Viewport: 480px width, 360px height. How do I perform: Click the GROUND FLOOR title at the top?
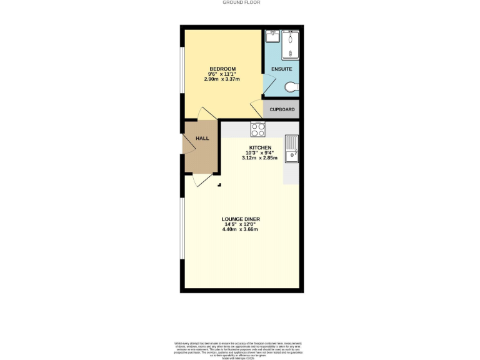[241, 2]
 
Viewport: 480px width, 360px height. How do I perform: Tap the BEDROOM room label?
[223, 69]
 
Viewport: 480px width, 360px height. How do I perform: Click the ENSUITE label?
[281, 69]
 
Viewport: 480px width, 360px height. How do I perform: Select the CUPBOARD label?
[282, 109]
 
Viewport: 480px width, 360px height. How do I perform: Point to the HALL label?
[202, 138]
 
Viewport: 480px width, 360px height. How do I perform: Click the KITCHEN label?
[259, 147]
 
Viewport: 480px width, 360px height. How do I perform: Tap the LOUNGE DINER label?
[240, 219]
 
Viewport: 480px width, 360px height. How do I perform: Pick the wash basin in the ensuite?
[271, 37]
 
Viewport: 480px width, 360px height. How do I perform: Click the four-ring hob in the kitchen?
[257, 129]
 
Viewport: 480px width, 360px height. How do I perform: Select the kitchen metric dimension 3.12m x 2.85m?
[259, 158]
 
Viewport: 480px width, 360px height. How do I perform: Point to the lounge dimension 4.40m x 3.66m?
[240, 229]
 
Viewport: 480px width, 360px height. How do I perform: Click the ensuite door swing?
[269, 82]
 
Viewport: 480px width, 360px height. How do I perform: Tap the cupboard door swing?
[256, 111]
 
